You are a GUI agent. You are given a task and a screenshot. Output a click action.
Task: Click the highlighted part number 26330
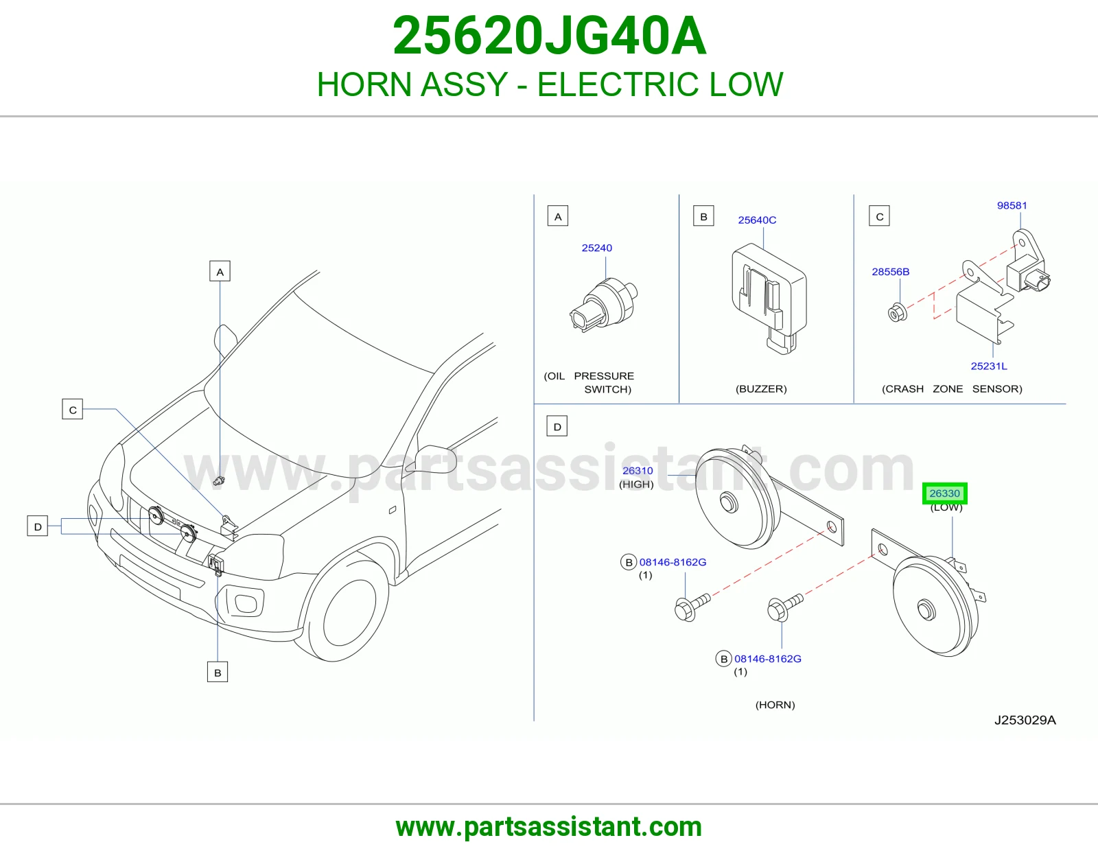point(944,493)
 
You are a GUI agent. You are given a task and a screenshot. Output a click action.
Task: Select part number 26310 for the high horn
point(638,471)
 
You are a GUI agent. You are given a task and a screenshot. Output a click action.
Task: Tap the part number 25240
point(597,248)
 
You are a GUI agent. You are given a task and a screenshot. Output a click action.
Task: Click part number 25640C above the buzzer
point(757,220)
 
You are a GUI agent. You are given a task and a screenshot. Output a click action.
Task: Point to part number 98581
point(1012,205)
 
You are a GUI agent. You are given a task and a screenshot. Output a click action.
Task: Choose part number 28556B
point(890,271)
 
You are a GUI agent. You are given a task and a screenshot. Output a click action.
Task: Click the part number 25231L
point(989,366)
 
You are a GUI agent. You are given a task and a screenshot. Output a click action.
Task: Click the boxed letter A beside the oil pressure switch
point(558,216)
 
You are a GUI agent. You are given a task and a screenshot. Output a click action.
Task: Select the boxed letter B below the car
point(218,672)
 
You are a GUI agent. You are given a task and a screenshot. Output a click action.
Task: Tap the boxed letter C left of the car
point(72,409)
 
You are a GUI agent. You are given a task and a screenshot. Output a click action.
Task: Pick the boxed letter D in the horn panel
point(557,426)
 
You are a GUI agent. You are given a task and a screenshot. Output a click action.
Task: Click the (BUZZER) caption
point(761,388)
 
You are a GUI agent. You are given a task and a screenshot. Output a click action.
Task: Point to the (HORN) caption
point(775,704)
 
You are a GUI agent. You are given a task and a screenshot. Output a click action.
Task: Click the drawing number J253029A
point(1025,720)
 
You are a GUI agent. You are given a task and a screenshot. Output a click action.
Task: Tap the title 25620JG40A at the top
point(549,36)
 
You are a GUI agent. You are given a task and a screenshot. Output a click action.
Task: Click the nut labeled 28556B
point(898,313)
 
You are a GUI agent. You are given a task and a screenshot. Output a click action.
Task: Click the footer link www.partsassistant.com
point(549,827)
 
